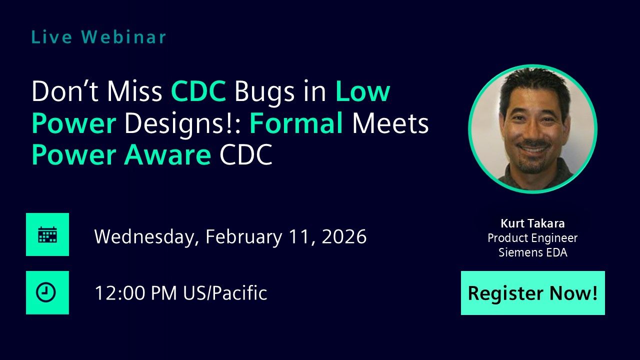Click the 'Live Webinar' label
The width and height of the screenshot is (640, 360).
pos(98,37)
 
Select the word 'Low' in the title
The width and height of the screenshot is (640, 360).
pos(362,91)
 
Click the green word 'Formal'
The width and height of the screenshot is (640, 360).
pos(296,124)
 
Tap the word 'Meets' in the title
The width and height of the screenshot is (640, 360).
pos(390,124)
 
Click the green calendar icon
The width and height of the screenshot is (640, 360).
pos(47,234)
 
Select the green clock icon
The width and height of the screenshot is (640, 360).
pos(47,293)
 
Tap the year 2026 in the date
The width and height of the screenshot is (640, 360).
pos(344,236)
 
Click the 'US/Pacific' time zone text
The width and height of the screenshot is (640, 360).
pos(224,293)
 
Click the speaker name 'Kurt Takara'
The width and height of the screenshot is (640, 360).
pos(532,223)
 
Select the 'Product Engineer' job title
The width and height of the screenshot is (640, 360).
pos(532,238)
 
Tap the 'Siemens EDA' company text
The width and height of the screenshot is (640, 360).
pos(532,252)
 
